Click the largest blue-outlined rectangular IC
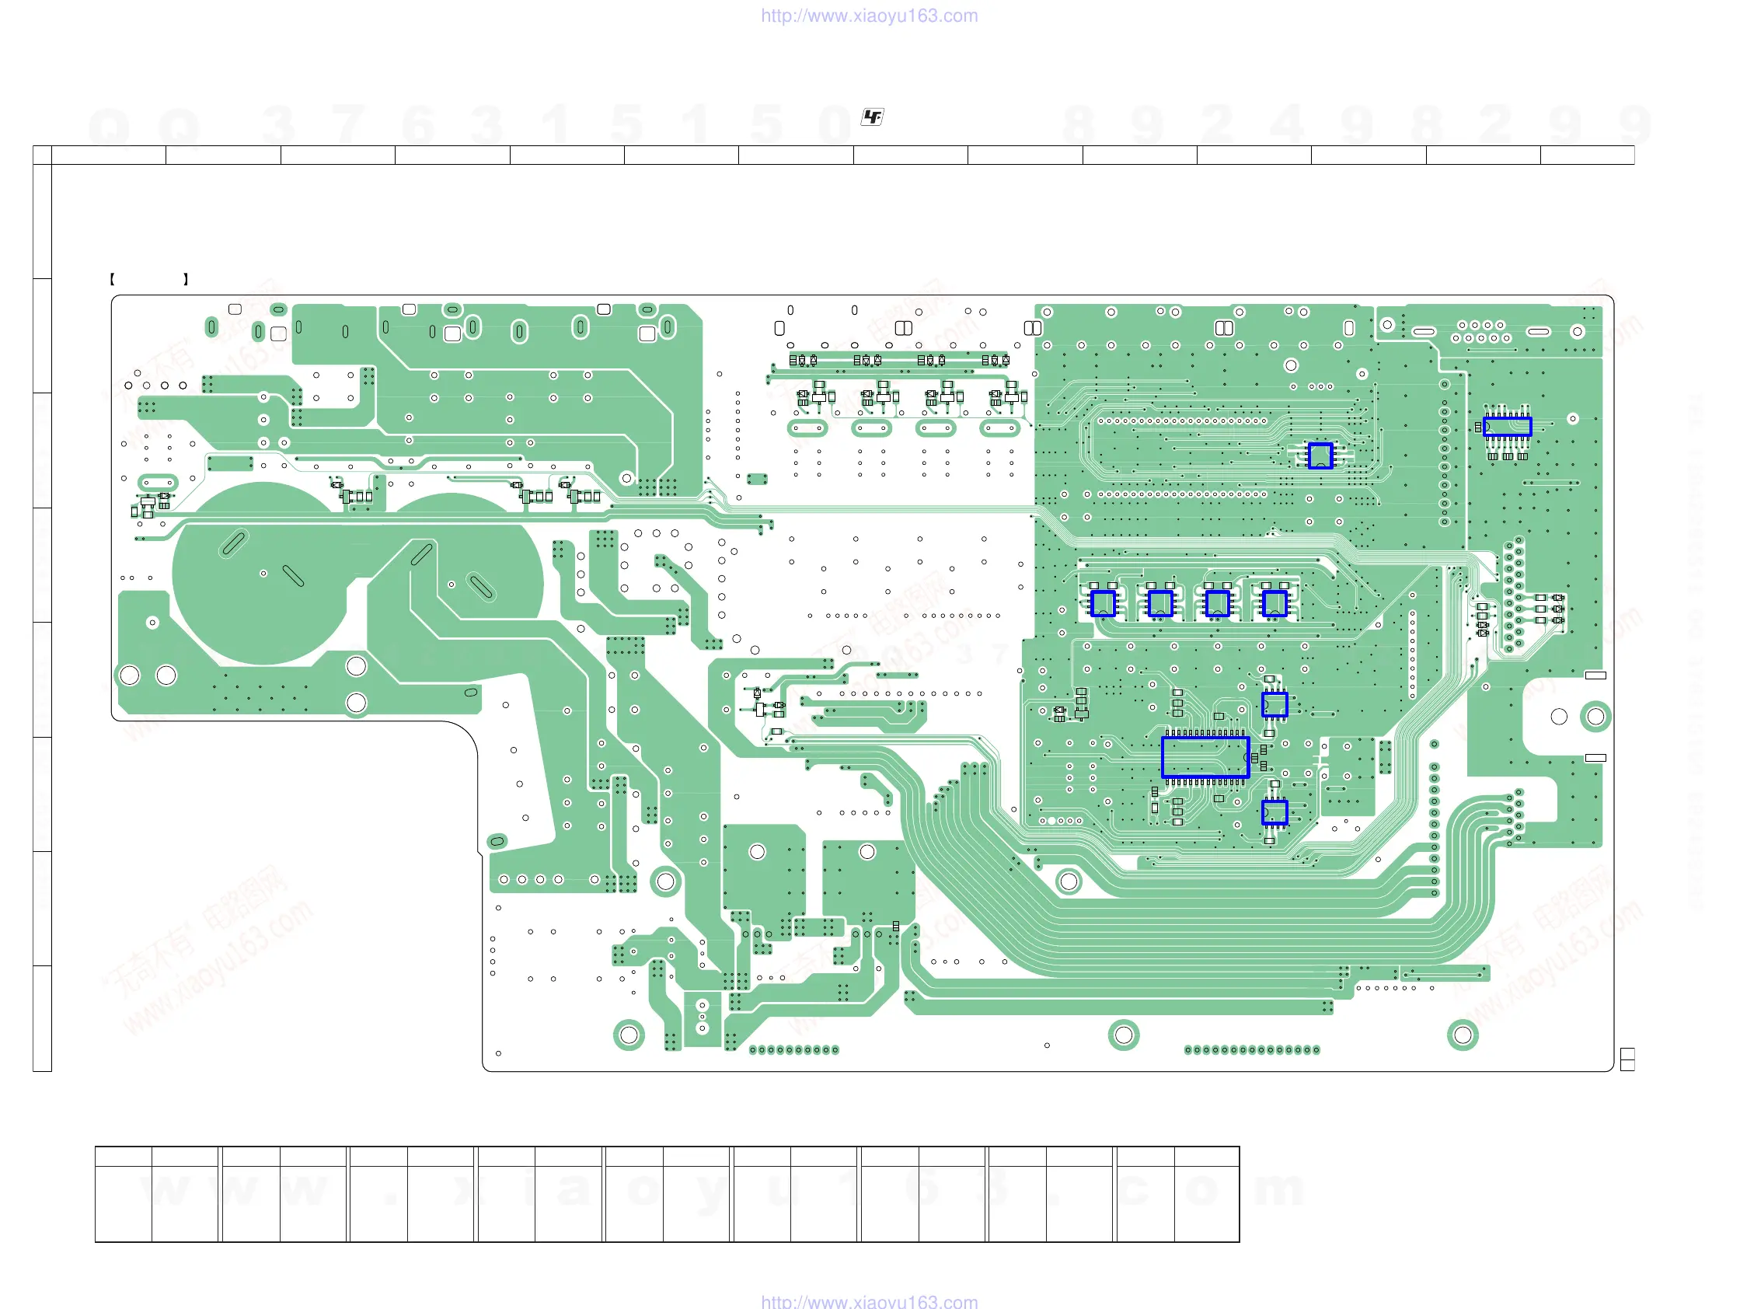[1205, 757]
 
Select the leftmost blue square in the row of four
[1103, 603]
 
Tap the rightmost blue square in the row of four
[1274, 603]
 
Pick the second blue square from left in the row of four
[1160, 603]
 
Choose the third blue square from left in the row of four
[1217, 603]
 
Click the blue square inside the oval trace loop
[1320, 456]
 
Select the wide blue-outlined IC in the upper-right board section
[1507, 427]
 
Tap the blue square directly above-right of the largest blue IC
[1274, 704]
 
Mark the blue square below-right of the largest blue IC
[1274, 812]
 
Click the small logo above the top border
[873, 117]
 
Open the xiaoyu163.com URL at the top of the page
[869, 16]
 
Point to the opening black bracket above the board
[113, 278]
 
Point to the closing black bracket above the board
[186, 278]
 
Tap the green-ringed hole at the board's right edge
[1595, 716]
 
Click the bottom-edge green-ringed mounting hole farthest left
[629, 1035]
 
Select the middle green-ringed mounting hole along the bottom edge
[1123, 1035]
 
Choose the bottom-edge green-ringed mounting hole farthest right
[1463, 1035]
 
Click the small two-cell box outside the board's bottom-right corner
[1627, 1059]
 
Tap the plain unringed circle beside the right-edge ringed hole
[1558, 716]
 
